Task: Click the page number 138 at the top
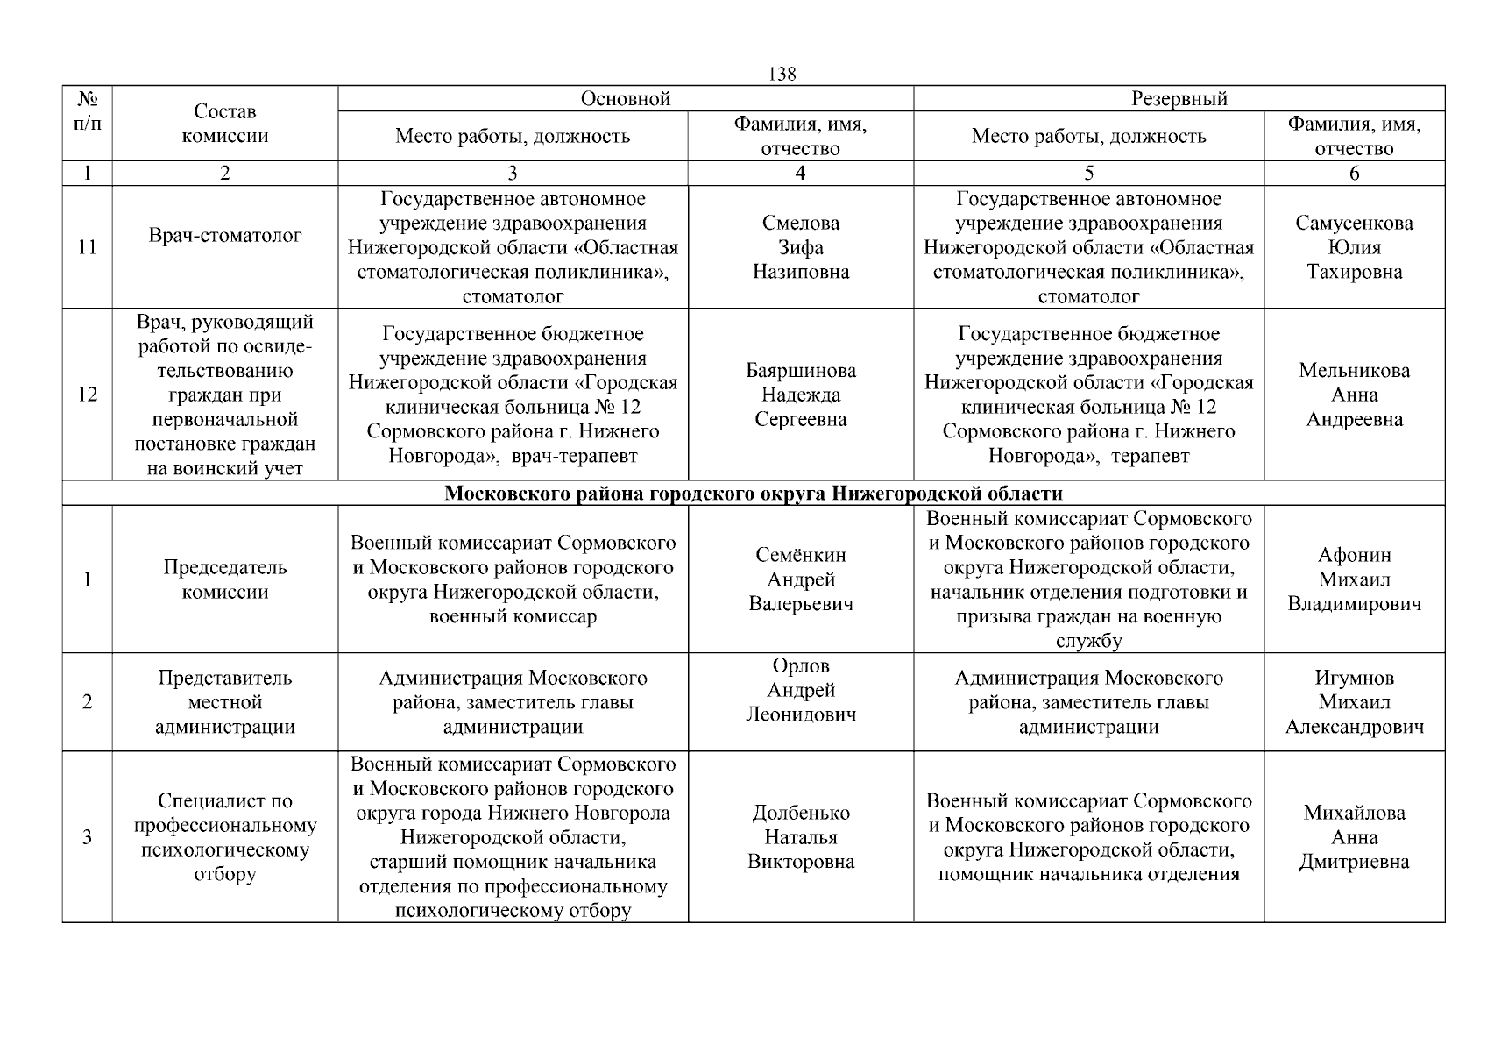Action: click(x=782, y=75)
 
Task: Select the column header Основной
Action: click(x=626, y=99)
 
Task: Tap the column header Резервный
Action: click(x=1179, y=99)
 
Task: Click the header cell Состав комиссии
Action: click(x=225, y=124)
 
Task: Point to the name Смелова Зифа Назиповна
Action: click(x=801, y=247)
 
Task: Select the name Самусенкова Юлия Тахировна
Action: click(x=1354, y=247)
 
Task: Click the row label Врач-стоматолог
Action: click(x=225, y=235)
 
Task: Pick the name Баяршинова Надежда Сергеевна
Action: click(x=801, y=394)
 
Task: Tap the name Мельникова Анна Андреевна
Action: click(x=1354, y=394)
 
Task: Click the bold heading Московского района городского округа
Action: click(x=753, y=493)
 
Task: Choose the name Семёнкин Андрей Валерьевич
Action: click(x=801, y=579)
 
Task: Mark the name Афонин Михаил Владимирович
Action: click(x=1354, y=579)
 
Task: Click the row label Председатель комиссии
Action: click(x=225, y=579)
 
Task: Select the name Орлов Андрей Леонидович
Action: click(x=801, y=690)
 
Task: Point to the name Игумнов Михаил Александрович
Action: click(x=1354, y=702)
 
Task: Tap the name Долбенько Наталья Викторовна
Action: click(x=801, y=837)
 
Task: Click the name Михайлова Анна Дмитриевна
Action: click(x=1354, y=837)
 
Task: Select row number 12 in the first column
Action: click(x=87, y=394)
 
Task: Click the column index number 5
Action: click(x=1088, y=174)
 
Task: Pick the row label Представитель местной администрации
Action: click(x=225, y=702)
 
